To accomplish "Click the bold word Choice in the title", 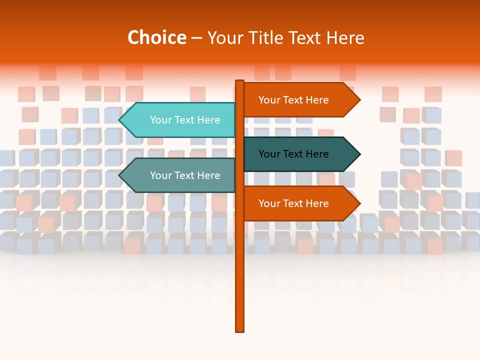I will pos(156,37).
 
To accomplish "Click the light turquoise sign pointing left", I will pos(180,120).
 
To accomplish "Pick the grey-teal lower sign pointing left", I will pos(180,175).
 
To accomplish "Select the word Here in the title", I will pos(345,37).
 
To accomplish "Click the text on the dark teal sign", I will pos(293,154).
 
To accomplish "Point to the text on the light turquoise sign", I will pos(185,120).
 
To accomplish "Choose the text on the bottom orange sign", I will pos(293,203).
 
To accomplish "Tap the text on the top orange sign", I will pos(293,100).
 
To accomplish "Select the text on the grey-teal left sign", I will pos(185,175).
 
